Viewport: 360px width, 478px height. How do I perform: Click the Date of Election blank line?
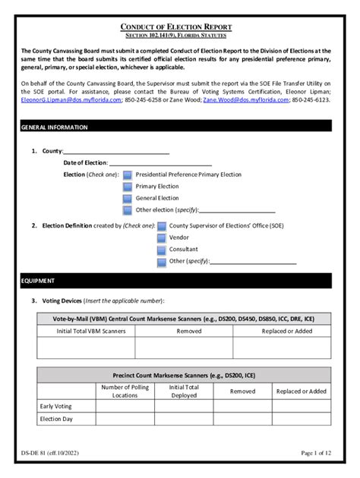coord(160,163)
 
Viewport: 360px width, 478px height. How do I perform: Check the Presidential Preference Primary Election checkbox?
coord(127,175)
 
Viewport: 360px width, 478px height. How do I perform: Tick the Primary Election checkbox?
coord(127,187)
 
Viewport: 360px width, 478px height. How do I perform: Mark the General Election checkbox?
coord(127,199)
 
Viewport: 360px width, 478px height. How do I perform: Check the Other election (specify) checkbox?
coord(127,210)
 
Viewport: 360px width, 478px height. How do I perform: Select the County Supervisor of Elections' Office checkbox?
coord(161,226)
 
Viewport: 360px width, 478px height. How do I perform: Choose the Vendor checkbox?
coord(161,238)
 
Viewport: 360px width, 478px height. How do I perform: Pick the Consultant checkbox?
coord(161,250)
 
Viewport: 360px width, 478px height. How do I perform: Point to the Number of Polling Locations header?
coord(125,392)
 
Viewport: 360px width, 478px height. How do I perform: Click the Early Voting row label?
coord(57,406)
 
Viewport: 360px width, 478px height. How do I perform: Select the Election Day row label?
coord(57,418)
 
